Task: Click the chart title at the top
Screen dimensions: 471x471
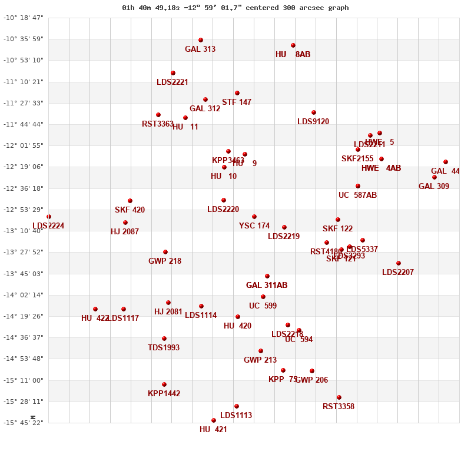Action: coord(235,8)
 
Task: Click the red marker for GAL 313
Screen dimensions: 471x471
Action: coord(201,40)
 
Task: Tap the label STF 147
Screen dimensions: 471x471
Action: coord(237,102)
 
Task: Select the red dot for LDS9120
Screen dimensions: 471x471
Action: coord(314,112)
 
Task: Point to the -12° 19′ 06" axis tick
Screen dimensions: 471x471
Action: coord(24,167)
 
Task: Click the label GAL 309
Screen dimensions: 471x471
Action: coord(434,187)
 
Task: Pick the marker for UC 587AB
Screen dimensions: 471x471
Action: coord(358,186)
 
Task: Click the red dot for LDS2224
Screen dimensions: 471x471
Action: coord(49,217)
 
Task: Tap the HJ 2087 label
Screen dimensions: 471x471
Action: coord(125,232)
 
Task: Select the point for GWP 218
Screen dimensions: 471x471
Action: coord(165,252)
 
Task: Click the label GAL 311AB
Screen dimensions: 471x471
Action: coord(267,286)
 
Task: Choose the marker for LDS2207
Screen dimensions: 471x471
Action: coord(399,263)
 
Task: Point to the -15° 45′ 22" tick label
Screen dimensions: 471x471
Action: coord(24,423)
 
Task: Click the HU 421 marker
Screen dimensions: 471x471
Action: coord(214,420)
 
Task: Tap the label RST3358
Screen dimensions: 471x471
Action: coord(339,407)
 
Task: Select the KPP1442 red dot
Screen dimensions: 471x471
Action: coord(164,384)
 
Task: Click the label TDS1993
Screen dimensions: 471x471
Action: coord(164,348)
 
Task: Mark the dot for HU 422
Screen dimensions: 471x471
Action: coord(95,309)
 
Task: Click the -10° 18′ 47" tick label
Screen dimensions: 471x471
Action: coord(24,18)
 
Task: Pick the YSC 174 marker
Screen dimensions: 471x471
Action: coord(254,217)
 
